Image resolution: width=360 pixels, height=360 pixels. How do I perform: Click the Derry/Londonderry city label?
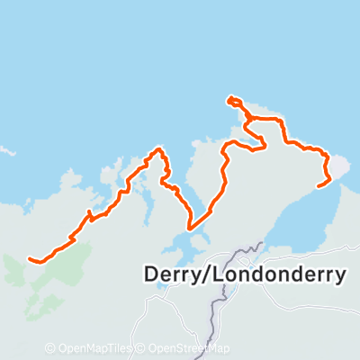[x=244, y=274]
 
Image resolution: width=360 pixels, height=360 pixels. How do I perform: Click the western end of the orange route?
[x=31, y=260]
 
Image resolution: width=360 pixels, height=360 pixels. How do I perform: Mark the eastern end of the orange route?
[x=319, y=186]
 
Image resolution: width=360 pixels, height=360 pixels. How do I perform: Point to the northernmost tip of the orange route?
[x=231, y=98]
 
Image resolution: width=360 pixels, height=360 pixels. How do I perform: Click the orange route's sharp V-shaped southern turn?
[x=190, y=228]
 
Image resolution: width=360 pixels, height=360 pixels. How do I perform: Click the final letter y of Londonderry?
[x=338, y=277]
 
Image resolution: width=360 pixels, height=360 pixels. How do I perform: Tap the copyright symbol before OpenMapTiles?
[x=50, y=348]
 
